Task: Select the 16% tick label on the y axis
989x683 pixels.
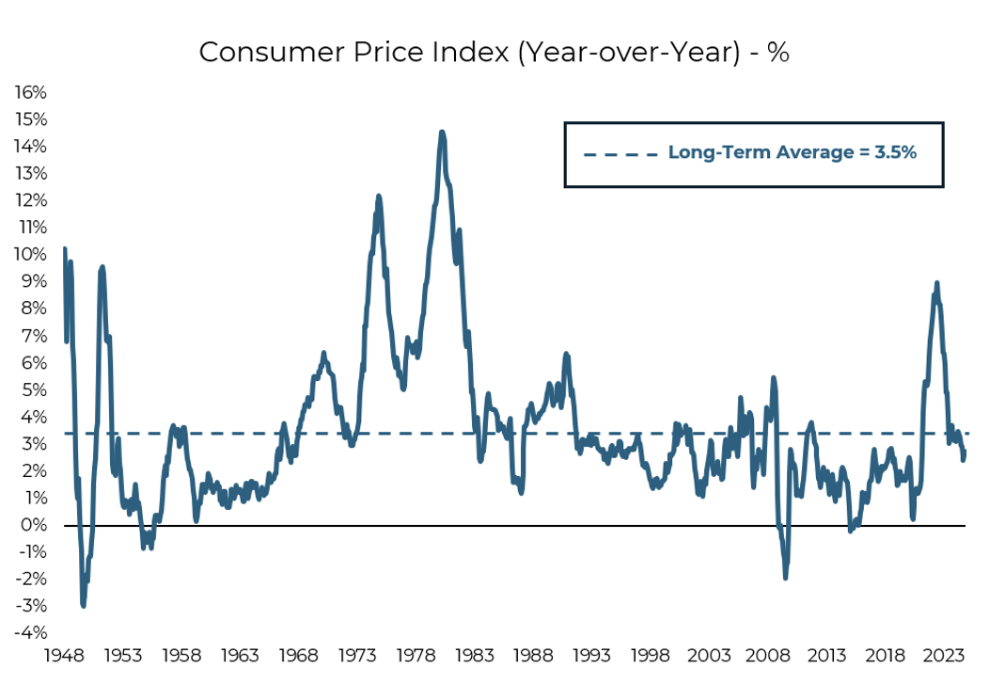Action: [29, 92]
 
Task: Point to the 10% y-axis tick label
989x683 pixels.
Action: [29, 254]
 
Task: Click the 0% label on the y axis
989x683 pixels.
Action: [33, 525]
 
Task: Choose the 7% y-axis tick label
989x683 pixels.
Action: [33, 336]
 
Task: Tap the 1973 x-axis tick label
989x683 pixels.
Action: [358, 656]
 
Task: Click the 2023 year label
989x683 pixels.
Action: [945, 656]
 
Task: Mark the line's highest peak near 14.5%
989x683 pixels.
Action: [442, 133]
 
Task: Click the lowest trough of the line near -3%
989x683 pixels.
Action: [83, 605]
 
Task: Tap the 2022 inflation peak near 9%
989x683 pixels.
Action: [936, 283]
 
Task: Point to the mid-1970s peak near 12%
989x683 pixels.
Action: [379, 197]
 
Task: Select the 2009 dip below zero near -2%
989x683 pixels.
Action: [785, 577]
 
